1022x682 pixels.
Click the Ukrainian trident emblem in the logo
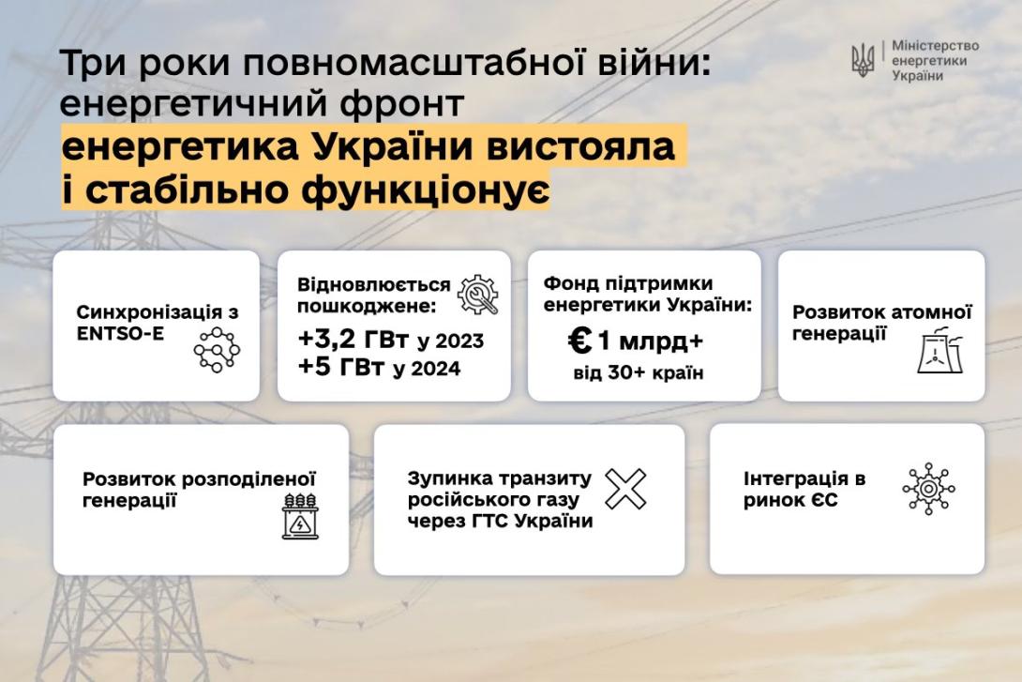pyautogui.click(x=863, y=61)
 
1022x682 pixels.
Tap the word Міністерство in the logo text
pyautogui.click(x=936, y=46)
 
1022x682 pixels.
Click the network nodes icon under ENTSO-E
pyautogui.click(x=217, y=350)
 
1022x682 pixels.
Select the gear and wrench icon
pyautogui.click(x=478, y=295)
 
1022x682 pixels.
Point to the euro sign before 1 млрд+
pyautogui.click(x=579, y=340)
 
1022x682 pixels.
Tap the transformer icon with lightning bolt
pyautogui.click(x=300, y=516)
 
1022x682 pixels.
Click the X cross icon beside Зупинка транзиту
pyautogui.click(x=625, y=489)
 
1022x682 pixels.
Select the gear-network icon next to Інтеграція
pyautogui.click(x=929, y=489)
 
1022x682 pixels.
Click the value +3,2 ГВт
pyautogui.click(x=353, y=339)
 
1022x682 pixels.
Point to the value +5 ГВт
pyautogui.click(x=341, y=367)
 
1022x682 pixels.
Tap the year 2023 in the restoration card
pyautogui.click(x=459, y=341)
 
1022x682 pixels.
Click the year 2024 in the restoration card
pyautogui.click(x=436, y=369)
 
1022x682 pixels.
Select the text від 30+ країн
pyautogui.click(x=639, y=373)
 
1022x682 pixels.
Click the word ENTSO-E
pyautogui.click(x=121, y=333)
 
